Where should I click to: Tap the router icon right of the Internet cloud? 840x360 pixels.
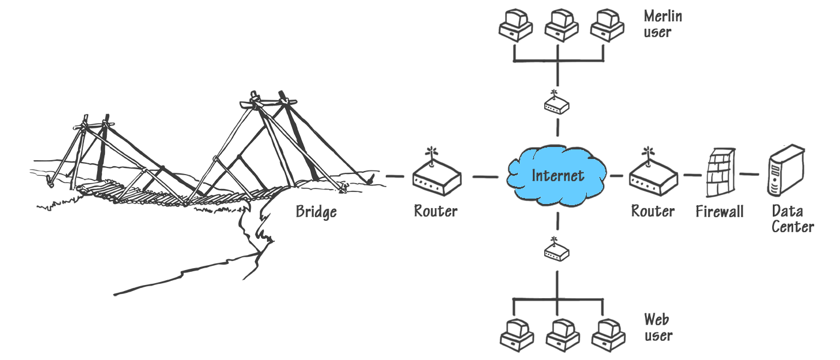coord(653,178)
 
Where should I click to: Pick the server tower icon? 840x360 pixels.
coord(785,170)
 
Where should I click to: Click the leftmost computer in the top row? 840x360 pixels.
coord(515,26)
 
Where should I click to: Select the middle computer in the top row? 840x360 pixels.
coord(561,26)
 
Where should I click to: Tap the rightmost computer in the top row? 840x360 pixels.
coord(606,26)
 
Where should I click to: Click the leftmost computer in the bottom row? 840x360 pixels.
coord(515,335)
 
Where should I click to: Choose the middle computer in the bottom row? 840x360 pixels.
coord(561,335)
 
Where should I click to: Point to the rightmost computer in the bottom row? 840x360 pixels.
coord(606,335)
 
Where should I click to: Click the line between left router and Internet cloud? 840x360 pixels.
coord(485,177)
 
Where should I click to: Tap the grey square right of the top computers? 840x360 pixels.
coord(662,23)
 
